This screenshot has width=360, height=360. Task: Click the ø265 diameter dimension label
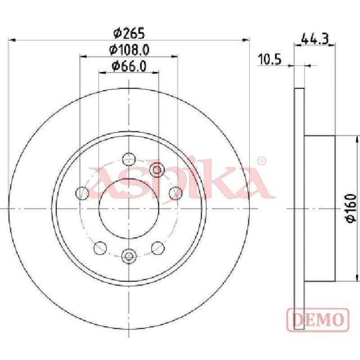(x=130, y=33)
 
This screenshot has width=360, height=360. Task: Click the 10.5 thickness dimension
(x=270, y=59)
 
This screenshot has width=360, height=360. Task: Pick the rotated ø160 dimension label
(x=351, y=208)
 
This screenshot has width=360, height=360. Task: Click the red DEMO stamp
(x=318, y=319)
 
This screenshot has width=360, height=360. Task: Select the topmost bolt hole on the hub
(x=129, y=159)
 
